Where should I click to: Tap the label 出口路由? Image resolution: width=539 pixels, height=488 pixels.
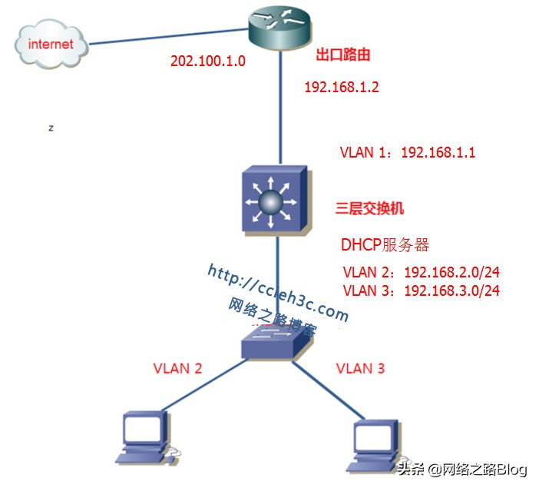click(343, 56)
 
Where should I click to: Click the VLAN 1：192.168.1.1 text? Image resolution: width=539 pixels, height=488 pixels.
click(408, 152)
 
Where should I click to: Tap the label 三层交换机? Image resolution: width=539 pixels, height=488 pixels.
click(369, 208)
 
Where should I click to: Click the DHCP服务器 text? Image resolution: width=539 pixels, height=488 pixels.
click(385, 245)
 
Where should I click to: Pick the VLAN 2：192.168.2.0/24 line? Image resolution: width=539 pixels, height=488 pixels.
click(422, 273)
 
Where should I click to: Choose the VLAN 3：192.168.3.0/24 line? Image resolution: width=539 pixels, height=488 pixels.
click(422, 290)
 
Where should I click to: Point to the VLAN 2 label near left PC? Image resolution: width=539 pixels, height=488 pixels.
click(177, 368)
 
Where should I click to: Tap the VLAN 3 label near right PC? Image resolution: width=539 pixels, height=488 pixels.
click(360, 368)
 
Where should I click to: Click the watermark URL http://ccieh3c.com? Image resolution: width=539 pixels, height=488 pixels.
click(277, 293)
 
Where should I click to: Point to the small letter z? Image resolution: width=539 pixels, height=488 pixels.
click(51, 128)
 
